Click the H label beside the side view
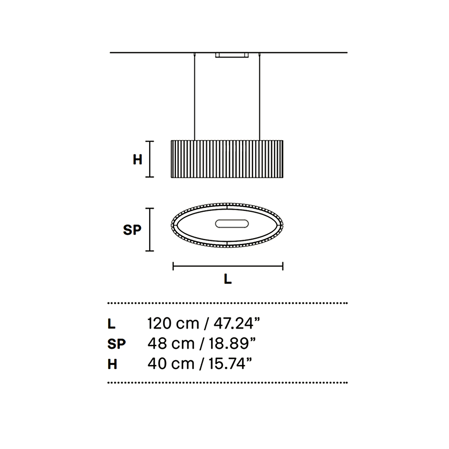click(x=137, y=159)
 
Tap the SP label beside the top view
click(x=132, y=229)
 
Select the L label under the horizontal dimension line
click(x=228, y=279)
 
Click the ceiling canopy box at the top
click(x=232, y=55)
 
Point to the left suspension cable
click(x=195, y=97)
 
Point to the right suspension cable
click(x=260, y=97)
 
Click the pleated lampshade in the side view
click(x=227, y=159)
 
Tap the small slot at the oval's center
click(x=232, y=224)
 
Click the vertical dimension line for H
click(x=150, y=159)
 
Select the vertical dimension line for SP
click(x=150, y=229)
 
